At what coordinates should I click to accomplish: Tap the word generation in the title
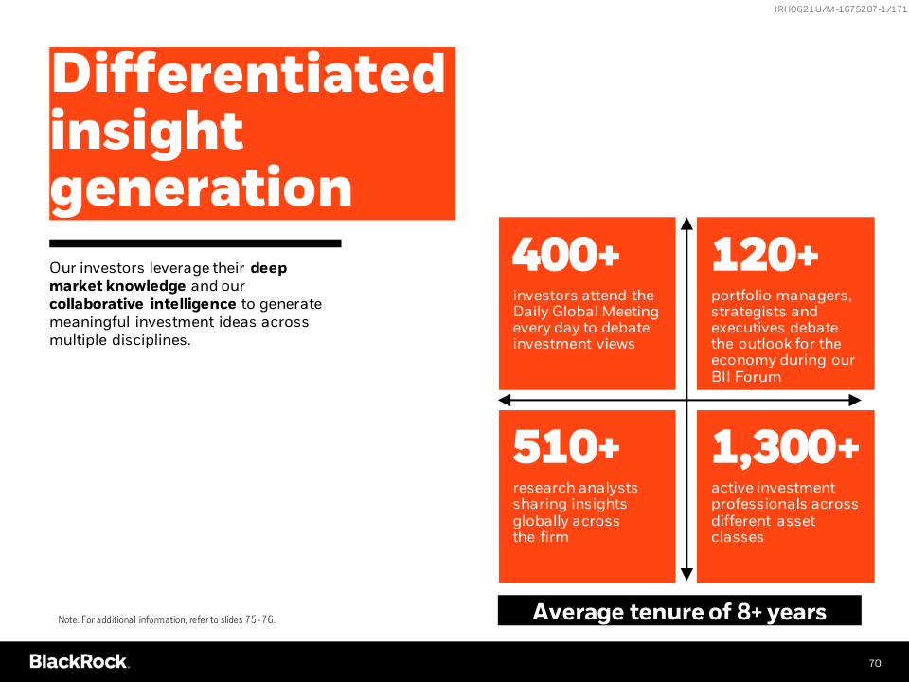pyautogui.click(x=201, y=188)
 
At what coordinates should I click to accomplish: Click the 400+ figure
pyautogui.click(x=566, y=254)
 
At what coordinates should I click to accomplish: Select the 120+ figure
pyautogui.click(x=765, y=254)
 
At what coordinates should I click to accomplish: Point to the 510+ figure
pyautogui.click(x=566, y=446)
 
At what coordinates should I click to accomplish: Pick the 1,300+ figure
pyautogui.click(x=785, y=447)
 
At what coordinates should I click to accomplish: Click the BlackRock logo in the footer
pyautogui.click(x=80, y=662)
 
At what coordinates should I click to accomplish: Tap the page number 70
pyautogui.click(x=875, y=663)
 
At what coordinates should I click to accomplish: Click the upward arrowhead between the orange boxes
pyautogui.click(x=687, y=224)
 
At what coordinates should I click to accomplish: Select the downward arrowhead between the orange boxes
pyautogui.click(x=687, y=574)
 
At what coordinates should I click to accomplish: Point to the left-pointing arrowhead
pyautogui.click(x=505, y=400)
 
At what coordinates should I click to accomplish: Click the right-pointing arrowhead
pyautogui.click(x=854, y=400)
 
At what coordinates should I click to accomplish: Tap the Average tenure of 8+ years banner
pyautogui.click(x=680, y=611)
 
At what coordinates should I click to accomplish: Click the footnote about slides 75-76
pyautogui.click(x=167, y=619)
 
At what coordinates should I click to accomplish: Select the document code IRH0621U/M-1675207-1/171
pyautogui.click(x=841, y=9)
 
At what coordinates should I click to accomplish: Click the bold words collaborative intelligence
pyautogui.click(x=143, y=304)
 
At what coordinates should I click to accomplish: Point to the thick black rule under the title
pyautogui.click(x=195, y=243)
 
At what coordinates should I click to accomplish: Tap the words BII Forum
pyautogui.click(x=746, y=377)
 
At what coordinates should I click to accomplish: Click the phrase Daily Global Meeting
pyautogui.click(x=585, y=312)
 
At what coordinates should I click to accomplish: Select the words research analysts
pyautogui.click(x=575, y=488)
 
